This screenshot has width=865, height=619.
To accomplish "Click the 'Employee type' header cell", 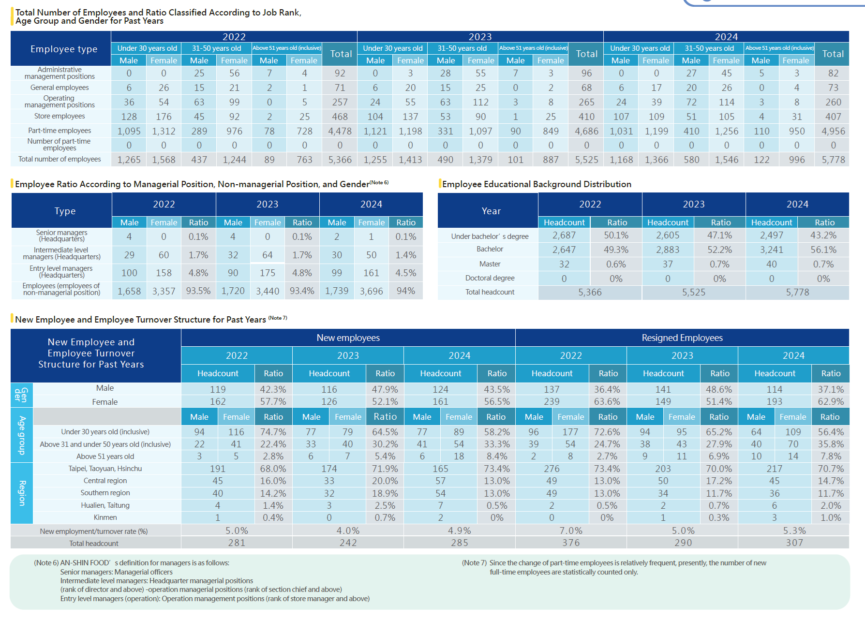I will click(63, 49).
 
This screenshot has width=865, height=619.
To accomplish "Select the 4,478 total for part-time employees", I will click(340, 131).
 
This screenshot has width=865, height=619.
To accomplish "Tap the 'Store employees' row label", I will click(60, 116).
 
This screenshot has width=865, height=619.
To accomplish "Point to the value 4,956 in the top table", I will click(833, 131).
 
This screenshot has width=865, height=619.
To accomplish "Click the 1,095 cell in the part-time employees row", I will click(129, 131).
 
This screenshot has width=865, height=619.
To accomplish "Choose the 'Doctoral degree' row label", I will click(490, 278).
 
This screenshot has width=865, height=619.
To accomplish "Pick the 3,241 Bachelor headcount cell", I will click(771, 250).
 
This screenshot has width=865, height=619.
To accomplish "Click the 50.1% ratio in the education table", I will click(616, 236).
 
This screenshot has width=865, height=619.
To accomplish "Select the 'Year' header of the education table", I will click(491, 211).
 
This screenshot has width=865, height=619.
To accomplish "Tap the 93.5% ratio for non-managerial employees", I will click(198, 291).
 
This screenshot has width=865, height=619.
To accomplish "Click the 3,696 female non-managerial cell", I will click(371, 291).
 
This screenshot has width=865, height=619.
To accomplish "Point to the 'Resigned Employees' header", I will click(682, 338).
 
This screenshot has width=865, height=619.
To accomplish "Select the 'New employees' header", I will click(348, 338).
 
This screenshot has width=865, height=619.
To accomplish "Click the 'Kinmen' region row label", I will click(105, 517).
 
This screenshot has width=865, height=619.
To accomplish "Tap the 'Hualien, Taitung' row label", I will click(105, 505).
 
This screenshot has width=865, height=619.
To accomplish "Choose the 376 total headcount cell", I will click(571, 543).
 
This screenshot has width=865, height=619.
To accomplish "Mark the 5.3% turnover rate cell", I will click(794, 531).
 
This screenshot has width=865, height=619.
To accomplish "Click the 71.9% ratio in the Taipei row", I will click(385, 469).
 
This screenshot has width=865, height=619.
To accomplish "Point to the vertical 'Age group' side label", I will click(22, 435).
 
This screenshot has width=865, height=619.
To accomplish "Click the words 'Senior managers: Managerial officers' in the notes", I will click(116, 572).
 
